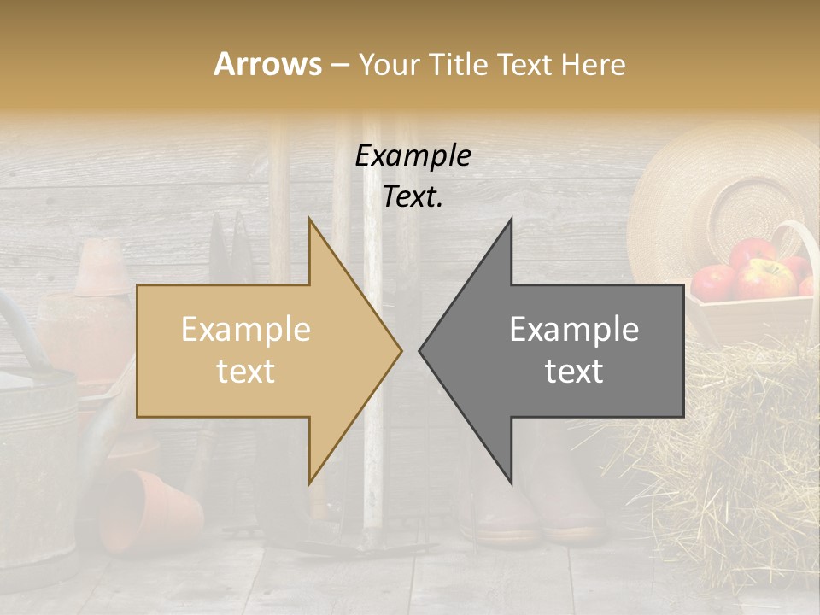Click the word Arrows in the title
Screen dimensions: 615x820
point(268,64)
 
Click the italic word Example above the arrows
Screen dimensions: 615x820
point(413,156)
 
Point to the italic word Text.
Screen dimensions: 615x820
point(413,197)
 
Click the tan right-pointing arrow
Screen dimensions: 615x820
point(256,350)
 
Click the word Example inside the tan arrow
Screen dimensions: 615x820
point(245,330)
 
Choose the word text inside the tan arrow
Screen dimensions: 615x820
point(245,372)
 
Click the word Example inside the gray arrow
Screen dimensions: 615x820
point(574,330)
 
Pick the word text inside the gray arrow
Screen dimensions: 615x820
point(574,372)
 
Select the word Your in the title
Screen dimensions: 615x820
point(389,64)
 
